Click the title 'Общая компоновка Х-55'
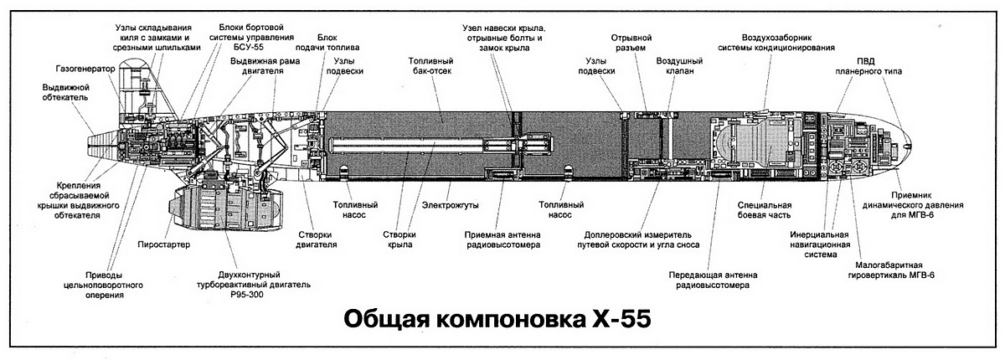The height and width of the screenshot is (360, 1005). click(x=497, y=321)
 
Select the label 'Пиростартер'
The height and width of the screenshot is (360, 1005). click(x=163, y=244)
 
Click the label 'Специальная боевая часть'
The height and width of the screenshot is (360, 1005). click(x=764, y=210)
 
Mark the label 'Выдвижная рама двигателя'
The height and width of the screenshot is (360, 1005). click(x=257, y=67)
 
